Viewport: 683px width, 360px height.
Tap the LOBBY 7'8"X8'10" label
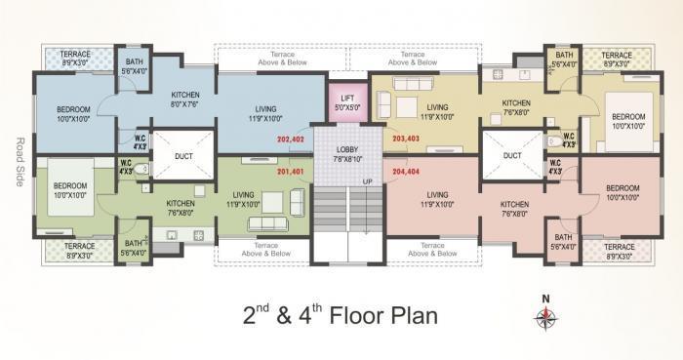click(348, 153)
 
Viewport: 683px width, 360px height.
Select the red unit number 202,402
click(291, 140)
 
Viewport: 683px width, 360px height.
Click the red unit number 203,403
click(406, 140)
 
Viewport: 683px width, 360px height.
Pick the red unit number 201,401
click(291, 172)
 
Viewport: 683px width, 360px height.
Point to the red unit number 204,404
click(406, 172)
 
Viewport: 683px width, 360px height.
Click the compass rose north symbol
click(545, 314)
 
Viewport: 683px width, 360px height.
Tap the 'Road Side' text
click(13, 159)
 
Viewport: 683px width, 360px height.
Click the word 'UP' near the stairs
click(368, 182)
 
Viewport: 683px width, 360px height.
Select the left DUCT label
click(182, 153)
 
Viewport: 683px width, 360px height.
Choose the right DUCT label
click(512, 154)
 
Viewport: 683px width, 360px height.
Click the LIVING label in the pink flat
click(437, 200)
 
